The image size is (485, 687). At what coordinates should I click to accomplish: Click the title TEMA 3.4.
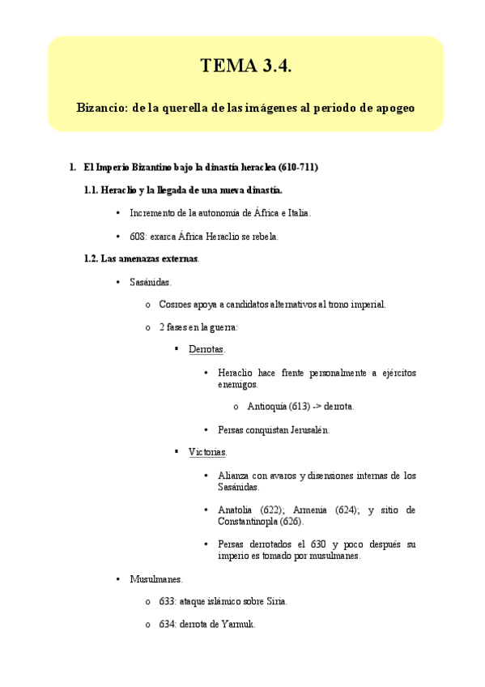click(245, 67)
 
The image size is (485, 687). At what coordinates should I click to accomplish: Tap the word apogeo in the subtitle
click(393, 107)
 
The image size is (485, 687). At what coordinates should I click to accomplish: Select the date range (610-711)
click(298, 167)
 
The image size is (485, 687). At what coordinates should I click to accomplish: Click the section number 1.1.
click(91, 190)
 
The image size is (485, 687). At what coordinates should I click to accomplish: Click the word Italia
click(296, 213)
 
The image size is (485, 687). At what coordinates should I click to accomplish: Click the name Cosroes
click(174, 305)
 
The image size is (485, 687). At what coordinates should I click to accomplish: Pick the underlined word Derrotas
click(206, 349)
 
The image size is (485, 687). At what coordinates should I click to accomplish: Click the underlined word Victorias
click(207, 451)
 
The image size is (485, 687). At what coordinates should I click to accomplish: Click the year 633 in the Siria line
click(167, 602)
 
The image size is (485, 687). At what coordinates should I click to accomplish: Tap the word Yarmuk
click(239, 625)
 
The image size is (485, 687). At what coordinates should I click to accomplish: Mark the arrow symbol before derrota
click(317, 407)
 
